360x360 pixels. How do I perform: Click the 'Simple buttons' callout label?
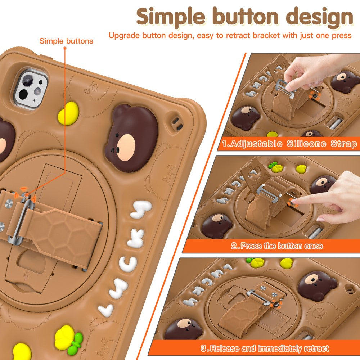coord(66,41)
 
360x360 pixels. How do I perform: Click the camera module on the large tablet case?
coord(31,89)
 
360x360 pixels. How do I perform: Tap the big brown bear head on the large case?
coord(132,138)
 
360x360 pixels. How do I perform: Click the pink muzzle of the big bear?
coord(126,147)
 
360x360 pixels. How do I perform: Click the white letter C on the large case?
coord(128,264)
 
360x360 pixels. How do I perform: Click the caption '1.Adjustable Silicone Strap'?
coord(289,144)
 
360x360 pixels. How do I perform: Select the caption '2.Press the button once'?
coord(277,246)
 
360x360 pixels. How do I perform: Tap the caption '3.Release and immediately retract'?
coord(265,348)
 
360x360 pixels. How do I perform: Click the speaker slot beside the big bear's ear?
coord(177,123)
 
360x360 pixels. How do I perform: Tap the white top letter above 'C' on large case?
coord(141,209)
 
